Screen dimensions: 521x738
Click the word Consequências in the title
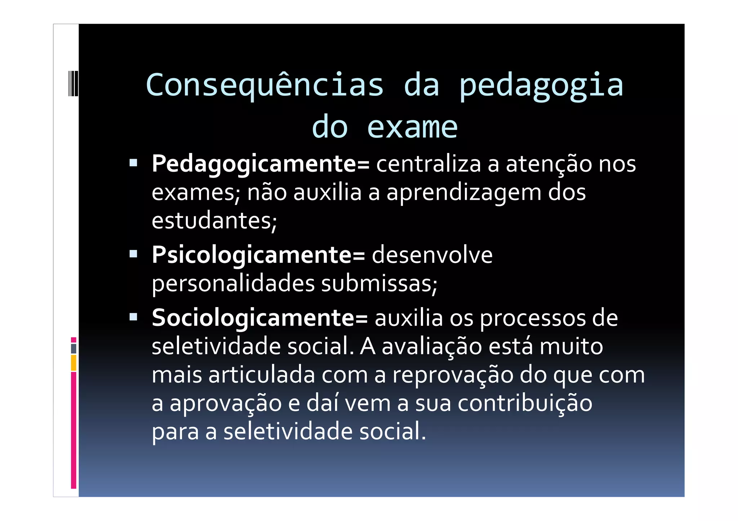tap(264, 85)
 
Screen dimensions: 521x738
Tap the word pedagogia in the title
tap(541, 85)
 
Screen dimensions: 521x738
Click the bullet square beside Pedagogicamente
tap(133, 163)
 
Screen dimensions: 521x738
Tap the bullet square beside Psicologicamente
tap(133, 254)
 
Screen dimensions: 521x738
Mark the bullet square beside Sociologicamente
tap(133, 317)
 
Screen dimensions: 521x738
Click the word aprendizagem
tap(464, 193)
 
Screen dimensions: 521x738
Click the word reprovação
tap(453, 375)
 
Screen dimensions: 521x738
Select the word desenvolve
tap(432, 255)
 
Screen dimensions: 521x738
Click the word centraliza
tap(428, 164)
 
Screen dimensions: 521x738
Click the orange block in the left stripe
tap(74, 363)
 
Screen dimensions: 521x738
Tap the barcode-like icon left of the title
tap(73, 84)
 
